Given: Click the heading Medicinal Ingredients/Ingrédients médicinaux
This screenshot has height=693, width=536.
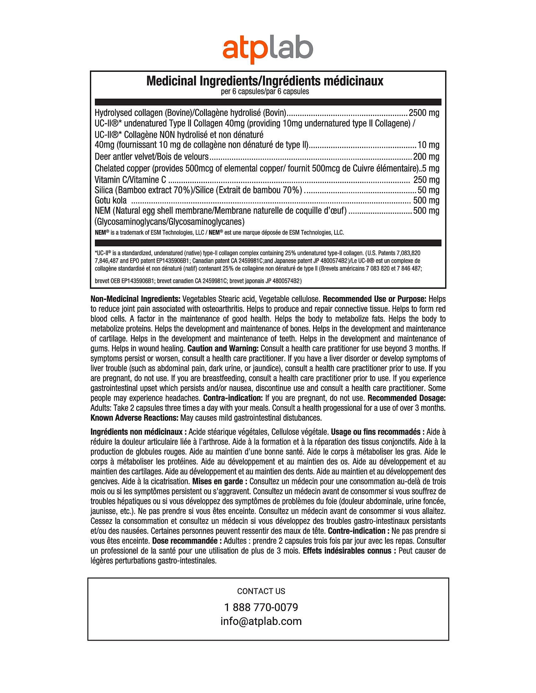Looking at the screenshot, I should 265,81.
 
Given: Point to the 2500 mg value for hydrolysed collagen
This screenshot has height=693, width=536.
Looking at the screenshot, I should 424,113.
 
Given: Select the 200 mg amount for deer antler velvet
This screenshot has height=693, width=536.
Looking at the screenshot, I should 426,157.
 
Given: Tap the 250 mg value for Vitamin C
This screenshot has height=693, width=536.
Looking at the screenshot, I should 426,180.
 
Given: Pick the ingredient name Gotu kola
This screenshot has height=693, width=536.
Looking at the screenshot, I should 110,201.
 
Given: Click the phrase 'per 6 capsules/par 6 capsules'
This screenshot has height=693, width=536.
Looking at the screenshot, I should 265,92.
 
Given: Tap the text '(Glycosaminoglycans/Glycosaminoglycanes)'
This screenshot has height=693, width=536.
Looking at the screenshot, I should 170,221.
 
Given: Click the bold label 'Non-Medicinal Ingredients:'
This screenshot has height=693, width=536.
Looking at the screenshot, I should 136,299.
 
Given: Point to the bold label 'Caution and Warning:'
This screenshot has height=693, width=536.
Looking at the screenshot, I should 223,348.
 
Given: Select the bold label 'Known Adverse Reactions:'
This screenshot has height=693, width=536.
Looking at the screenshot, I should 134,418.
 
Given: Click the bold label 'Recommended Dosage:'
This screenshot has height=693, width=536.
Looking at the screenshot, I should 406,398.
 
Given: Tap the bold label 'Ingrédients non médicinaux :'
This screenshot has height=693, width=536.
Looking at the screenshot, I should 138,432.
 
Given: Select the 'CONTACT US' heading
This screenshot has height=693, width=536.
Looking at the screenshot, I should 261,591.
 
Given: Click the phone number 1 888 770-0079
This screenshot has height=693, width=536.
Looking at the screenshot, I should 261,607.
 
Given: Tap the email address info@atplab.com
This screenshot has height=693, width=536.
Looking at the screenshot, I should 261,621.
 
